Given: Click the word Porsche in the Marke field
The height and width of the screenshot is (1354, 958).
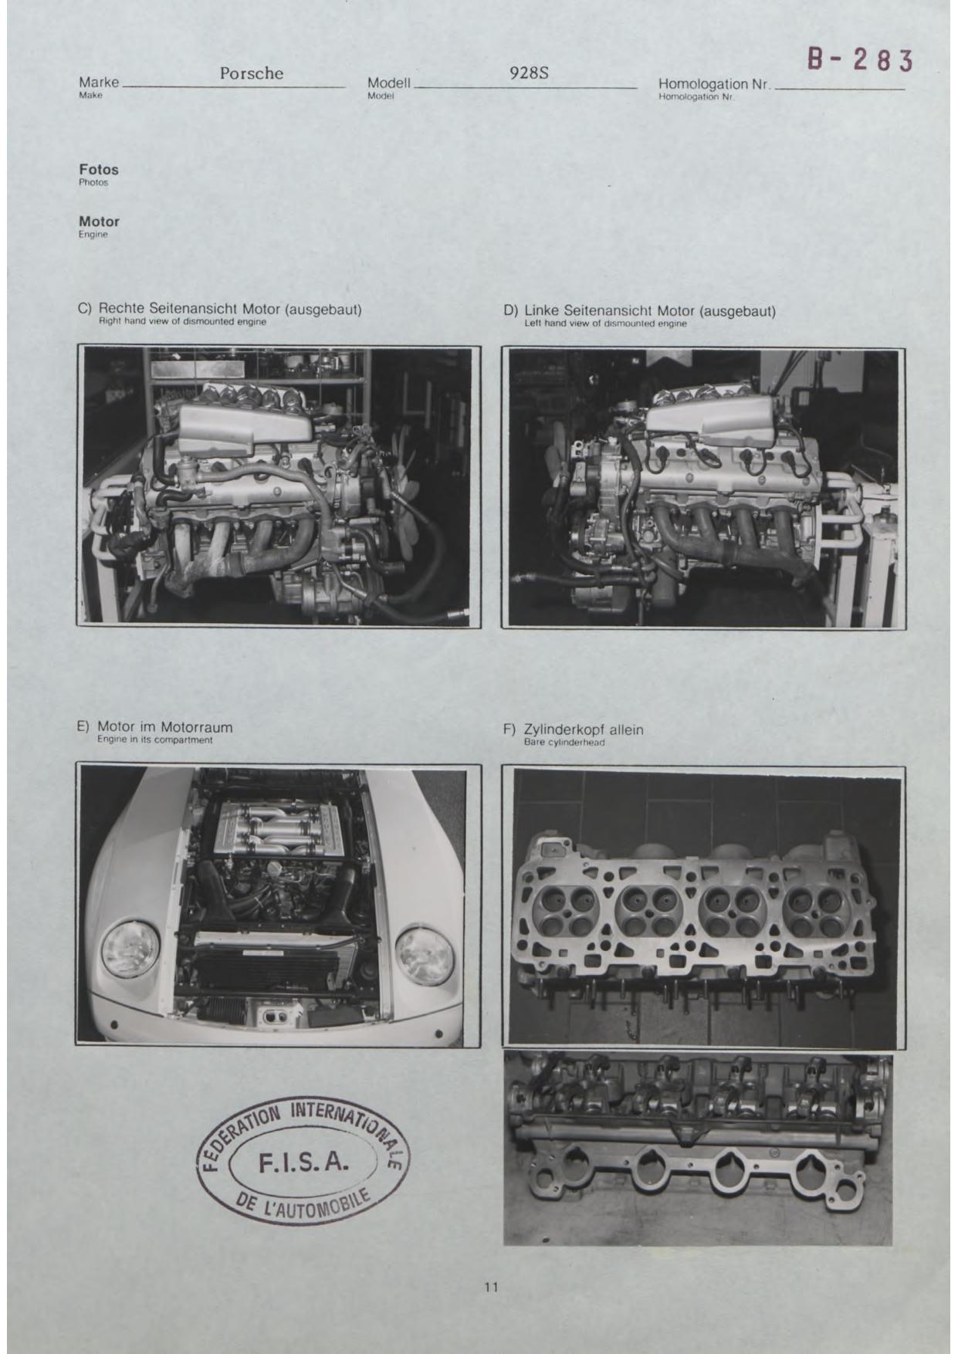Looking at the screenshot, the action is (x=252, y=73).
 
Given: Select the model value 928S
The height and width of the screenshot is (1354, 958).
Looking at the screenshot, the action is (x=529, y=73).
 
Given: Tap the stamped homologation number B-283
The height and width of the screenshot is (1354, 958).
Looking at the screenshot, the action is (x=860, y=59).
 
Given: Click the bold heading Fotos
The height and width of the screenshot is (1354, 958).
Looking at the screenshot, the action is (x=99, y=169).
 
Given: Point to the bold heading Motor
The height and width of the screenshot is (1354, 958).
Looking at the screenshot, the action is (x=99, y=222).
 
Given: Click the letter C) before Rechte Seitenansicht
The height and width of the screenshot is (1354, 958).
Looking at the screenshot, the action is (x=85, y=309).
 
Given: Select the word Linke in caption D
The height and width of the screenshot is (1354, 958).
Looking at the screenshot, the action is (x=541, y=311).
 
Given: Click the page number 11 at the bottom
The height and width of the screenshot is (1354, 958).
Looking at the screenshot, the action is (x=491, y=1287).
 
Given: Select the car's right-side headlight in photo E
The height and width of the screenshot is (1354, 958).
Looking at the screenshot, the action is (x=425, y=955).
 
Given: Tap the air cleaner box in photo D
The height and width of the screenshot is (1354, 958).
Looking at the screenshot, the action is (x=707, y=425).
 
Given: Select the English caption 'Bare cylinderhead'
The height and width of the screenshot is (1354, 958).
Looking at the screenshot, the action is (x=564, y=743).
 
